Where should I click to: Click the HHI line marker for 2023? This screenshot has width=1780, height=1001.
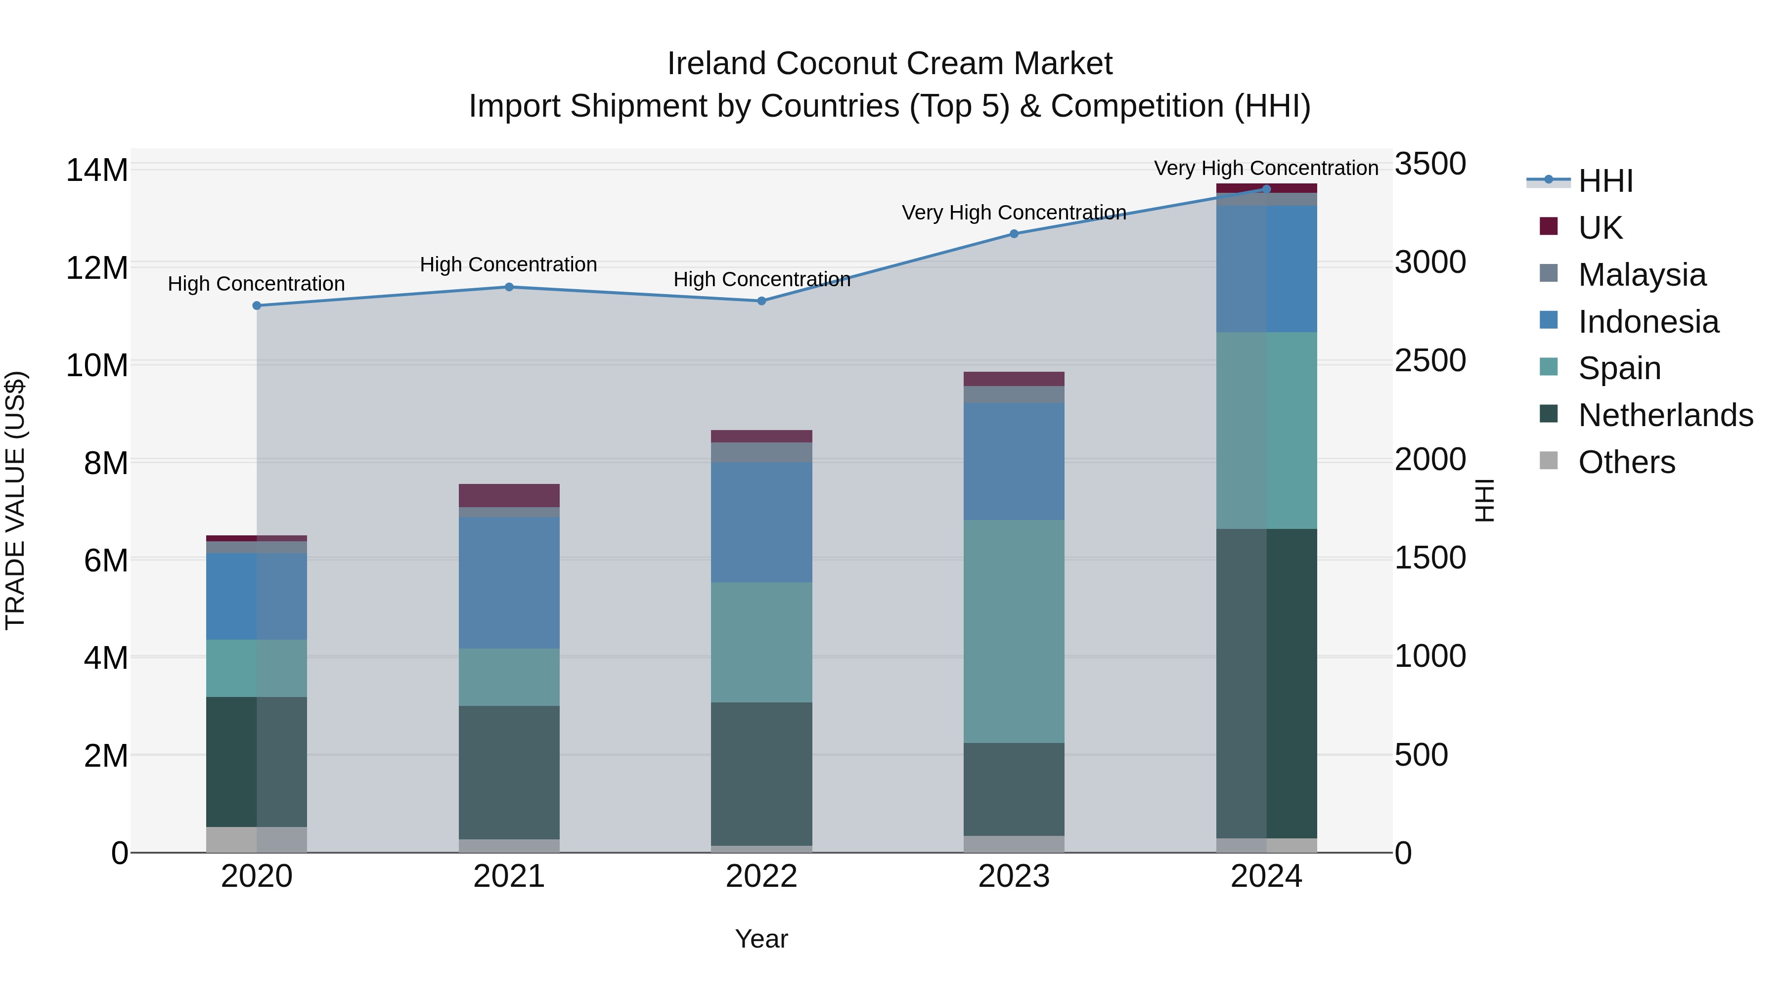coord(1014,233)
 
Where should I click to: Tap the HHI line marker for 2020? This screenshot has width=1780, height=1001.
coord(256,305)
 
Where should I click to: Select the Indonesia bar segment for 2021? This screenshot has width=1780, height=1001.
coord(509,582)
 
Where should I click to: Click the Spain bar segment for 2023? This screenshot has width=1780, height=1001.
coord(1014,631)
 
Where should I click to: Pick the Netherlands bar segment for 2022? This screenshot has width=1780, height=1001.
coord(761,774)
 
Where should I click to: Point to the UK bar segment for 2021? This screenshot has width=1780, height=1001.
coord(509,495)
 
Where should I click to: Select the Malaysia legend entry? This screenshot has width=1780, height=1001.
coord(1641,274)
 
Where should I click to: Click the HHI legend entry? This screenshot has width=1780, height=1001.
coord(1604,181)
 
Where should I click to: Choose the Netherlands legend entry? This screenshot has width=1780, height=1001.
coord(1665,415)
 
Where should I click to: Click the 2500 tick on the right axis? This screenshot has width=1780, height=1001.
coord(1429,361)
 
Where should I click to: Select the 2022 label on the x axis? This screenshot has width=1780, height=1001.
coord(761,876)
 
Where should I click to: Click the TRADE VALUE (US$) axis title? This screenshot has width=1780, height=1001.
coord(15,500)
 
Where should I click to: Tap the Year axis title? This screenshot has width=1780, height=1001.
coord(761,939)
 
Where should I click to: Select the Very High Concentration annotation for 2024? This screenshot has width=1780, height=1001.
coord(1265,168)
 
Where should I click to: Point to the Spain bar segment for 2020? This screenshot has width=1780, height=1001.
coord(256,668)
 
